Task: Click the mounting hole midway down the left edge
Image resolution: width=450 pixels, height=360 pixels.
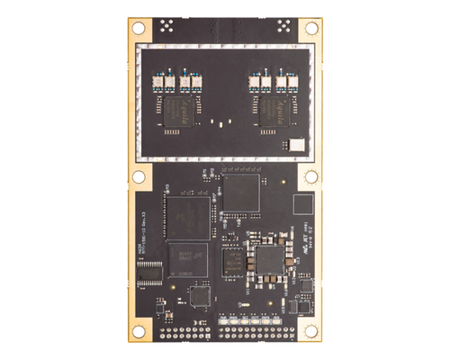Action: (139, 176)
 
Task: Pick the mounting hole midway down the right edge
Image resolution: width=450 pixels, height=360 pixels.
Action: (311, 176)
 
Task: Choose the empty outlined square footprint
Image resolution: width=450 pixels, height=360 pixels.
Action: (307, 203)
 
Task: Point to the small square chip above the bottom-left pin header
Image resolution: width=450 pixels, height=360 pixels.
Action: (199, 296)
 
